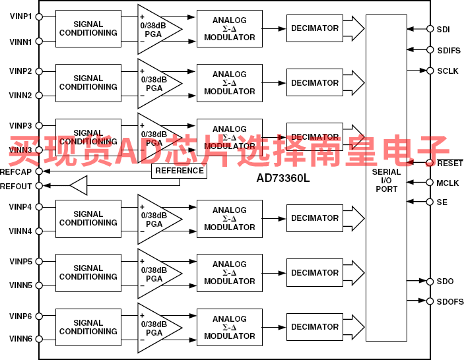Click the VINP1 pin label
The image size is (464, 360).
click(x=20, y=16)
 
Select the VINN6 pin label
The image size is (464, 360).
click(x=20, y=339)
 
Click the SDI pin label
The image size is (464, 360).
click(x=443, y=29)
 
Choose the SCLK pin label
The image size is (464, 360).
click(x=447, y=71)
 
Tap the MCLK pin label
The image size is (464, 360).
click(x=447, y=183)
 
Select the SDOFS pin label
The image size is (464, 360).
click(x=449, y=301)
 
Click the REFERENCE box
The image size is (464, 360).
click(x=180, y=171)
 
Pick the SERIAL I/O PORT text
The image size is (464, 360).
click(x=386, y=181)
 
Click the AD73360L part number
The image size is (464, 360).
click(x=283, y=178)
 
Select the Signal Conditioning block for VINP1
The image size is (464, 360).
click(x=88, y=28)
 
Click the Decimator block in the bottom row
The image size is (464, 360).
click(x=315, y=327)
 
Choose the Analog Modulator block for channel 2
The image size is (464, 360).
click(x=229, y=83)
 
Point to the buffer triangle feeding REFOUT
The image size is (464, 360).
click(x=79, y=186)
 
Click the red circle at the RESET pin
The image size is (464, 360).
click(x=430, y=163)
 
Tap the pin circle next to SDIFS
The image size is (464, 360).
click(x=429, y=50)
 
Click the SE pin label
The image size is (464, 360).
click(x=442, y=202)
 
